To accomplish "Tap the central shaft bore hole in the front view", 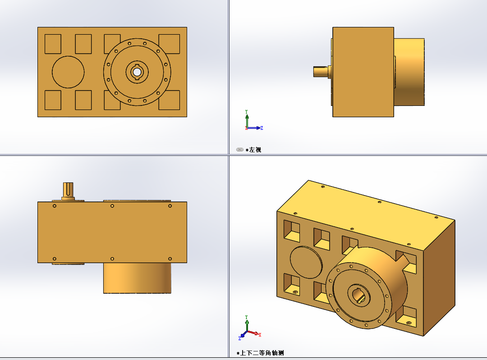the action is click(x=137, y=72).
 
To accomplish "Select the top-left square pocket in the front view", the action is click(x=53, y=44).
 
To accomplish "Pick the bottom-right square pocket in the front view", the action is click(x=169, y=100).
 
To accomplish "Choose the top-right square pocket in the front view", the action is click(x=169, y=44).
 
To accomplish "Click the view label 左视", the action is click(x=255, y=150).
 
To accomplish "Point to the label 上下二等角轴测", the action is click(x=262, y=353).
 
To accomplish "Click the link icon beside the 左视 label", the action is click(x=239, y=150).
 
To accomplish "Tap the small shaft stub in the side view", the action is click(x=321, y=71).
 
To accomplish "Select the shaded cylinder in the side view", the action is click(x=409, y=72).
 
